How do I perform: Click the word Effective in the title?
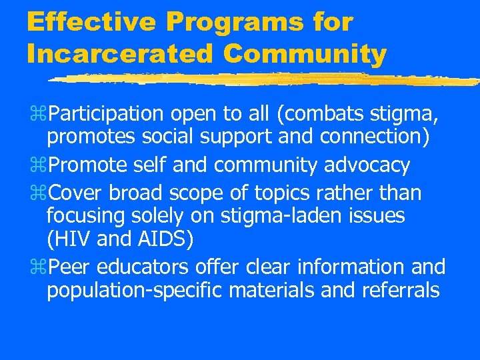[91, 22]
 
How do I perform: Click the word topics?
[285, 193]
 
